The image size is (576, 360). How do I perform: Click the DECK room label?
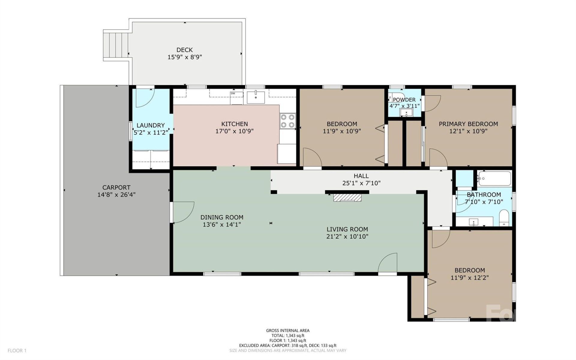184,50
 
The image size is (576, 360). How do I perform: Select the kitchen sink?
256,97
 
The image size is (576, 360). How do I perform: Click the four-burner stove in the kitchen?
287,121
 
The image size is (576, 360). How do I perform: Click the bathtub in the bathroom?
494,179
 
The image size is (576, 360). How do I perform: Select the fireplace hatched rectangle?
347,197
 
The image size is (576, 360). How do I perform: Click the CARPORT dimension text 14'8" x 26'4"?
116,195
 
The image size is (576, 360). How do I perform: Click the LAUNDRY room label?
151,126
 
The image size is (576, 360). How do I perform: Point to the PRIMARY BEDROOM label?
468,124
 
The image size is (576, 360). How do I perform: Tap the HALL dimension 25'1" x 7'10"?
361,183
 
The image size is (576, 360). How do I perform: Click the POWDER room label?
404,100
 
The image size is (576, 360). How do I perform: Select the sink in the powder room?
406,113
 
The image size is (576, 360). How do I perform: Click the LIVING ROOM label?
347,229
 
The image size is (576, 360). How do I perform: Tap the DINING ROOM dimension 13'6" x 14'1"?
222,225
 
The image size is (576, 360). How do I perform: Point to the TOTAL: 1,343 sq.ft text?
287,335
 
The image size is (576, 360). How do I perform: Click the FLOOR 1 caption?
17,350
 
